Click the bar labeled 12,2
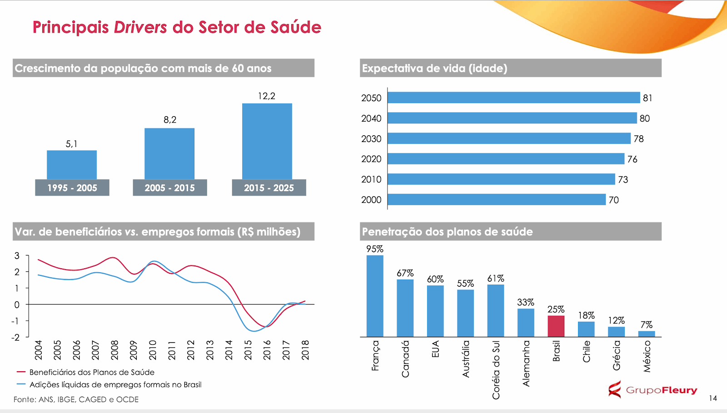point(267,141)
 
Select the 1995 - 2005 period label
point(72,188)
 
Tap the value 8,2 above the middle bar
point(170,120)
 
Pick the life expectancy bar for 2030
point(509,138)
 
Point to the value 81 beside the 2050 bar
point(647,98)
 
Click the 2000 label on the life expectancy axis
point(371,200)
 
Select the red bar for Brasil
point(556,326)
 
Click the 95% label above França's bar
point(375,249)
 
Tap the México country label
point(647,357)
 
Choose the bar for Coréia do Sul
point(495,310)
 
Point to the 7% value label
point(646,325)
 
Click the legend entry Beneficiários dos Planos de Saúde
point(92,372)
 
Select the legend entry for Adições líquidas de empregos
point(115,385)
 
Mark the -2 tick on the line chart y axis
point(16,337)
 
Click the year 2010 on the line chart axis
point(153,350)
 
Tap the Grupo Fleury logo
point(652,390)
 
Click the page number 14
point(713,398)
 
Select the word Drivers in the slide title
point(140,27)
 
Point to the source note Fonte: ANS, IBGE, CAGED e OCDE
point(76,399)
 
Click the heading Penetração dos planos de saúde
point(447,232)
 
